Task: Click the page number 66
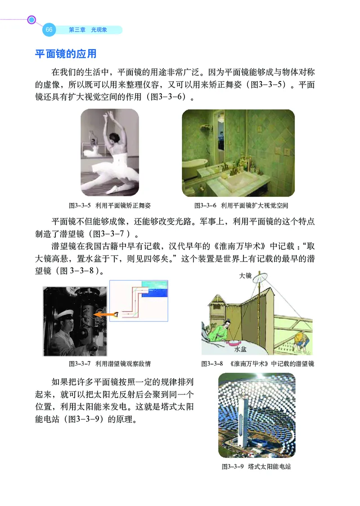coord(49,30)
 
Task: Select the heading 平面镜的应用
coord(66,54)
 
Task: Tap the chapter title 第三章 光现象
coord(87,30)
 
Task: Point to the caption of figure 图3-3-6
coord(241,205)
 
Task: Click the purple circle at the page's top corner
coord(31,20)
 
